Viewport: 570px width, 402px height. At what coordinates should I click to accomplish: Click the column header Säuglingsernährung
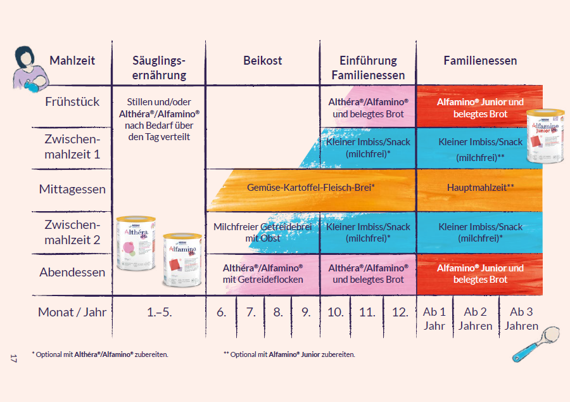point(159,68)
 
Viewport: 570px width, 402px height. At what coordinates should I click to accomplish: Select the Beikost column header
point(263,61)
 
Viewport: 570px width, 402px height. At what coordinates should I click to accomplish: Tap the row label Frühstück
point(72,101)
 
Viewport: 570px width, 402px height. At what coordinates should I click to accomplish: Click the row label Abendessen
point(72,273)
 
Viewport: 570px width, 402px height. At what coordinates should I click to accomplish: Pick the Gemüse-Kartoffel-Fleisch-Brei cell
point(311,188)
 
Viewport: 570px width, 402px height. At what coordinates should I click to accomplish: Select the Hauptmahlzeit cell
point(480,188)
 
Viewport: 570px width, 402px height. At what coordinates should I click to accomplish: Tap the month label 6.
point(221,312)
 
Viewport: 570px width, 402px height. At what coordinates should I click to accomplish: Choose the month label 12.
point(399,312)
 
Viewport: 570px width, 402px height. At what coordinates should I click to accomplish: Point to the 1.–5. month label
point(158,312)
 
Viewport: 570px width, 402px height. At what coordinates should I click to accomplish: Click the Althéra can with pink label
point(136,243)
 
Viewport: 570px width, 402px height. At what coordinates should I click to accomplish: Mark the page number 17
point(13,360)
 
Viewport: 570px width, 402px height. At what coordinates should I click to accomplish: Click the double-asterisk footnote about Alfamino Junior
point(289,354)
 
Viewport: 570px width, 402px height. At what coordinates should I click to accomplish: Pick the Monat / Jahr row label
point(72,312)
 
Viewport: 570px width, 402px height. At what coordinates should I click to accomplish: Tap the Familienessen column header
point(480,61)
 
